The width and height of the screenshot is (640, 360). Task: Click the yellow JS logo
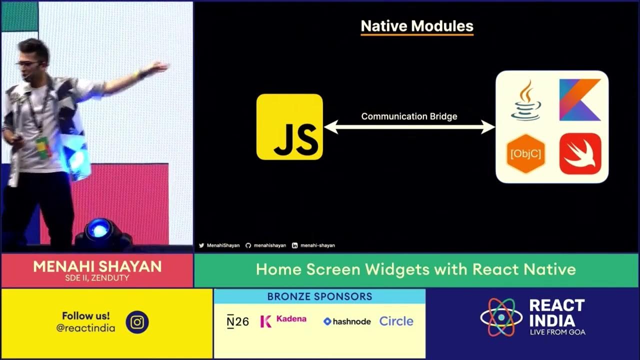coord(289,126)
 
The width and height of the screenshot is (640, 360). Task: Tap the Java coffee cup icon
coord(525,100)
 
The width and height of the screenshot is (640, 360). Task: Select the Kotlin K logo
coord(580,100)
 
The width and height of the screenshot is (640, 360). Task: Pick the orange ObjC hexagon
coord(525,153)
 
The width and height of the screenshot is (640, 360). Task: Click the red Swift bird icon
coord(580,153)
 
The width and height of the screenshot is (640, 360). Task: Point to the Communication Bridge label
coord(409,116)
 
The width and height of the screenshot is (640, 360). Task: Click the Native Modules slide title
coord(417,26)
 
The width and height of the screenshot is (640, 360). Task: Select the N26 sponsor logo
coord(237,321)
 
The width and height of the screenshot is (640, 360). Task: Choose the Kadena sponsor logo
coord(283,320)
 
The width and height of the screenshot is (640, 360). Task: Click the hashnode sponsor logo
coord(347,321)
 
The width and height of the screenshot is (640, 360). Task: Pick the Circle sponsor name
coord(396,321)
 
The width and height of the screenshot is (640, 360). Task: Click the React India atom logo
coord(501,317)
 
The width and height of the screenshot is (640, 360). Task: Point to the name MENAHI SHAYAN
coord(97,266)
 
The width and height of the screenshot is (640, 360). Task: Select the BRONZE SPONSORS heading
coord(319,296)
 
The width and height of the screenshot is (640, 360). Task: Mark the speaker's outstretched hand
coord(159,68)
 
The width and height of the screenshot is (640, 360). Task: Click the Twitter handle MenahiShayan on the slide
coord(219,245)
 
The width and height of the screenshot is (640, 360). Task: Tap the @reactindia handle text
coord(85,328)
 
